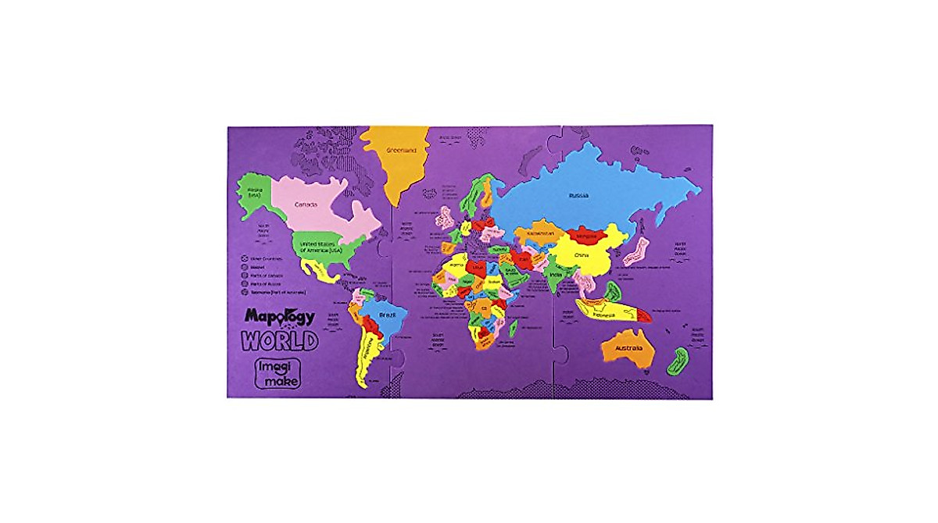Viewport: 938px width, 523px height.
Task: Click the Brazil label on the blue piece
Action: [387, 315]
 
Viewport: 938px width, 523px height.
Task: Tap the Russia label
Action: [578, 195]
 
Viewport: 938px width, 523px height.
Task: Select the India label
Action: [556, 275]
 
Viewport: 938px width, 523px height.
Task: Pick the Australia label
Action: [628, 347]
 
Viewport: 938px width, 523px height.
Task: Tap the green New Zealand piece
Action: [676, 361]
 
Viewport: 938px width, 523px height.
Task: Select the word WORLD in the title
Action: [279, 340]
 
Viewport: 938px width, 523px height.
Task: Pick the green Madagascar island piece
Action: [514, 329]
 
